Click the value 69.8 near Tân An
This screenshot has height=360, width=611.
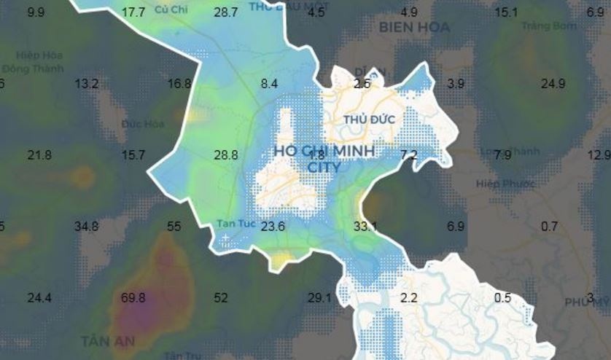(x=133, y=298)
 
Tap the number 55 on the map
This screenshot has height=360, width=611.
(x=174, y=227)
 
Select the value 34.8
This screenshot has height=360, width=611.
(x=87, y=227)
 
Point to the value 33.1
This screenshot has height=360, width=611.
(x=365, y=227)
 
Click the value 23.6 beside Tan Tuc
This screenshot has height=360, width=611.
(x=273, y=227)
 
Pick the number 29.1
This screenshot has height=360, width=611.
(x=319, y=298)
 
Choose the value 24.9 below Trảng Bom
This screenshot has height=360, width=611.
(x=553, y=84)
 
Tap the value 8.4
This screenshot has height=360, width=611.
(x=269, y=84)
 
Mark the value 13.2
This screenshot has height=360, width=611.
(x=86, y=84)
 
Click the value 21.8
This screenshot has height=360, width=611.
(x=39, y=155)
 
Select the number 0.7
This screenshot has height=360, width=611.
(x=549, y=227)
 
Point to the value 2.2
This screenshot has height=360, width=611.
(x=409, y=298)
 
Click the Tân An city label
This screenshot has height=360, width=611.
(x=108, y=340)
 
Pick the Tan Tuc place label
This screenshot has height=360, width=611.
(x=236, y=224)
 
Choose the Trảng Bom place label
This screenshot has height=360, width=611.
(x=549, y=26)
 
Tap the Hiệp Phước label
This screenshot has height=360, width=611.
(x=499, y=183)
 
